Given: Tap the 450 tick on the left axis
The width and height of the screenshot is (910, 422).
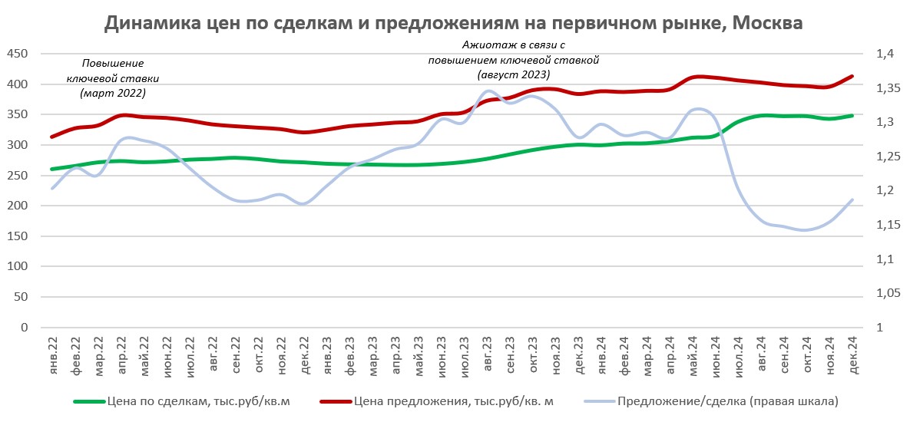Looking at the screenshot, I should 17,54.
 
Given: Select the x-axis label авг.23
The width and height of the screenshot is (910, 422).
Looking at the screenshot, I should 489,354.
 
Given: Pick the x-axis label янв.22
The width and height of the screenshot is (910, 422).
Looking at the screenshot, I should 53,354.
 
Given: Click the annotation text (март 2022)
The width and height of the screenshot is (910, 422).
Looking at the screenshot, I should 112,93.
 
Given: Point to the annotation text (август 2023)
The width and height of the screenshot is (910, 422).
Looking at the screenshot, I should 513,74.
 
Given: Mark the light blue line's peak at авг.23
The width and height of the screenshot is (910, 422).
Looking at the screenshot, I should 489,91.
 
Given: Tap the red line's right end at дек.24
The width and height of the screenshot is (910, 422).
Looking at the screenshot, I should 852,76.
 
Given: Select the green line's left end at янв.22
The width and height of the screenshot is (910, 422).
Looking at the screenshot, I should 52,169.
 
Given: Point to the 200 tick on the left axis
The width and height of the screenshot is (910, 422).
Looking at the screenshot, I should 17,206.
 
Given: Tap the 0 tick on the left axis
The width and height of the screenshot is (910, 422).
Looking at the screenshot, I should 25,328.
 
